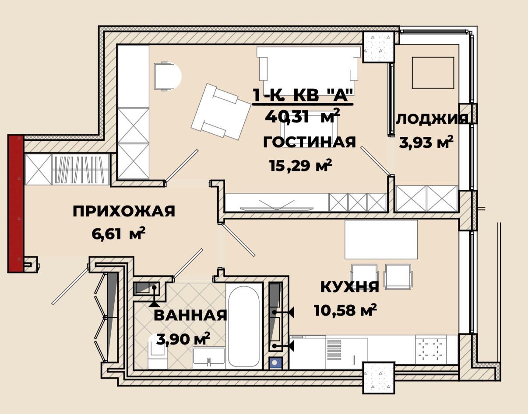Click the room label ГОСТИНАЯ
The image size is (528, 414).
coord(310,143)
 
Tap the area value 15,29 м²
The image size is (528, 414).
coord(301,165)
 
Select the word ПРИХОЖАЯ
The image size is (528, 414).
coord(124,211)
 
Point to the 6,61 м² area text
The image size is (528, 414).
coord(119,233)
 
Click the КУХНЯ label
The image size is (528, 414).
coord(350,287)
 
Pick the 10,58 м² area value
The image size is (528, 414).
coord(345,310)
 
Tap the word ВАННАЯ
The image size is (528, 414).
coord(190,316)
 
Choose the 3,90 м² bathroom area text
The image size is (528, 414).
coord(183,338)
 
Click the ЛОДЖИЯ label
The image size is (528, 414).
coord(432,119)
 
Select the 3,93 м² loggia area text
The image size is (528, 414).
coord(426,142)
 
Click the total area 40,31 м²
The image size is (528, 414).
coord(302,116)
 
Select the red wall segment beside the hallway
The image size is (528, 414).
coord(16,203)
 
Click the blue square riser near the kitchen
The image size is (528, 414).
coord(275,363)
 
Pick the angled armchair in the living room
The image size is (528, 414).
coord(221,111)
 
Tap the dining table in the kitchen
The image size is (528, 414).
coord(381,240)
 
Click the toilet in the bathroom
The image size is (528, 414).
coord(158,354)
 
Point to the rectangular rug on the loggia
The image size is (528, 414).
coord(433,73)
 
